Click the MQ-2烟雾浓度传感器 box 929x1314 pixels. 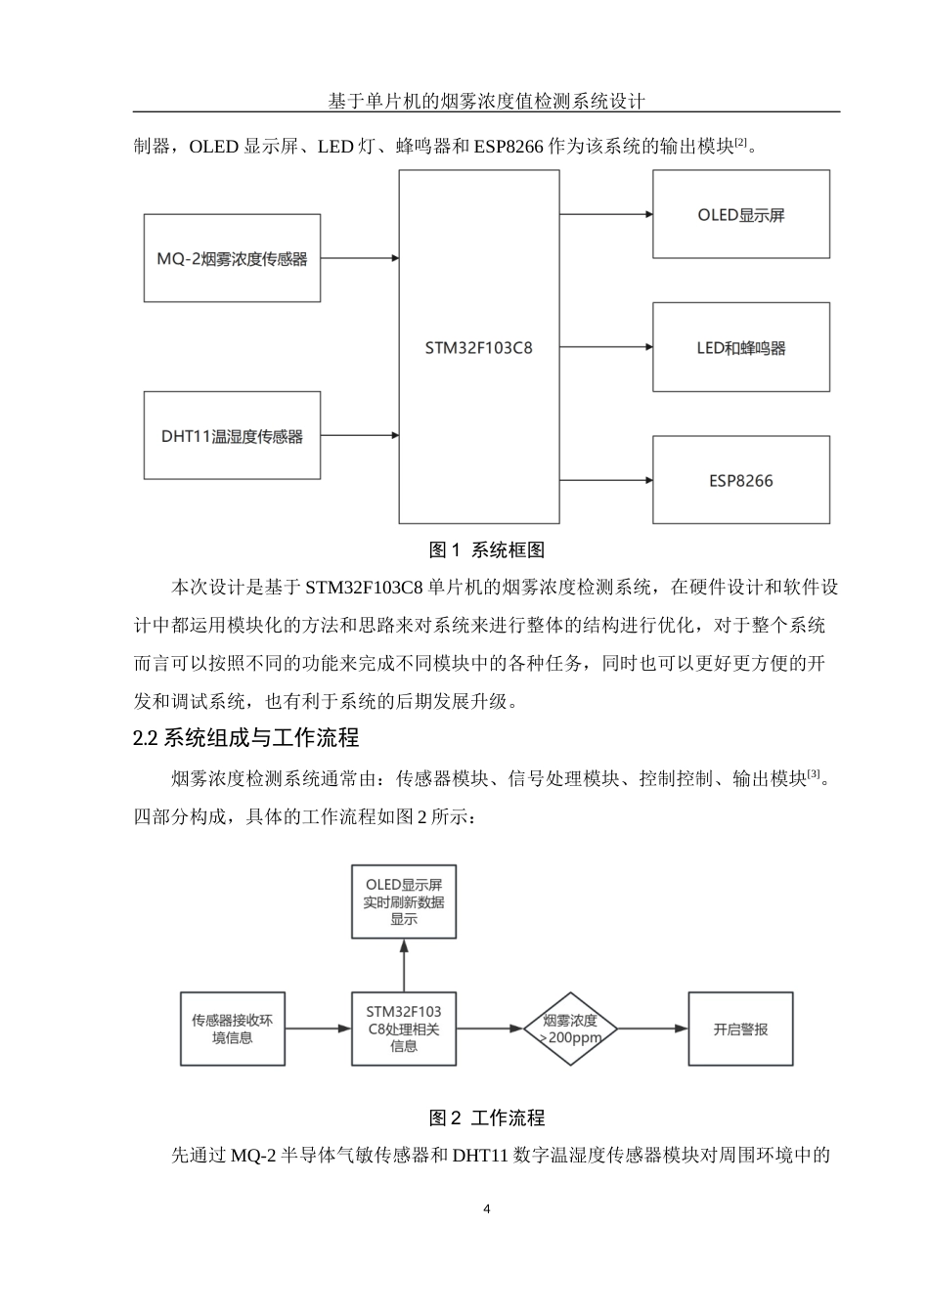pos(232,258)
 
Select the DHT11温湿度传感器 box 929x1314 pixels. pos(232,436)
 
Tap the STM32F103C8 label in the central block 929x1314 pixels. pos(479,347)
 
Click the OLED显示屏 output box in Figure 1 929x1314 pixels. pos(740,215)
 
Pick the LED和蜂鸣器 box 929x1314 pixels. pos(740,347)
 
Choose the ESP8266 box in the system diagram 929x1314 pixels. pos(740,480)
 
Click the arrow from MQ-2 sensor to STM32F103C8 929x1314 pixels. pos(359,258)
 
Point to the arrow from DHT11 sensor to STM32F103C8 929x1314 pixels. pos(359,436)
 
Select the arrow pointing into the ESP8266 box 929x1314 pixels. pos(606,480)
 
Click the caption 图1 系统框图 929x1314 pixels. pos(487,550)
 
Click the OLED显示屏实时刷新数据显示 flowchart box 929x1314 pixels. pos(404,901)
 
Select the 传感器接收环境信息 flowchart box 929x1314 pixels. pos(232,1029)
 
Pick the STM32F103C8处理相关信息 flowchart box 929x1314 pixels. pos(404,1029)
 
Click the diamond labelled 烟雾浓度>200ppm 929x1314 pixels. pos(570,1029)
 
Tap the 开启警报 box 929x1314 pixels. pos(740,1029)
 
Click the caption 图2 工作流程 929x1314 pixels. pos(487,1117)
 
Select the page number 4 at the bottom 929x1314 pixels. pos(487,1209)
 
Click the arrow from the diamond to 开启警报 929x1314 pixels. pos(653,1029)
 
